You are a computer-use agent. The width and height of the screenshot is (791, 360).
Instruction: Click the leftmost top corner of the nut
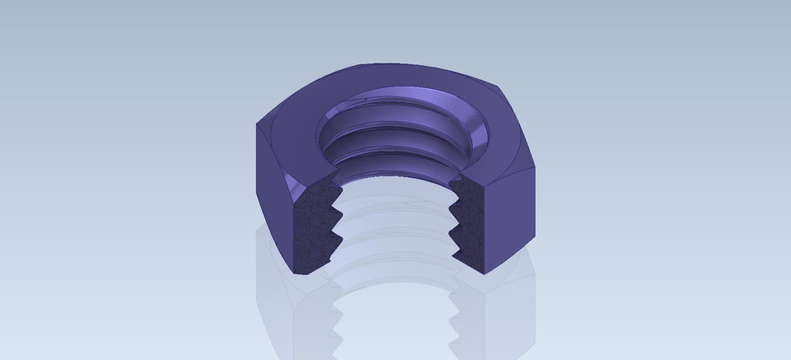coord(256,124)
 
